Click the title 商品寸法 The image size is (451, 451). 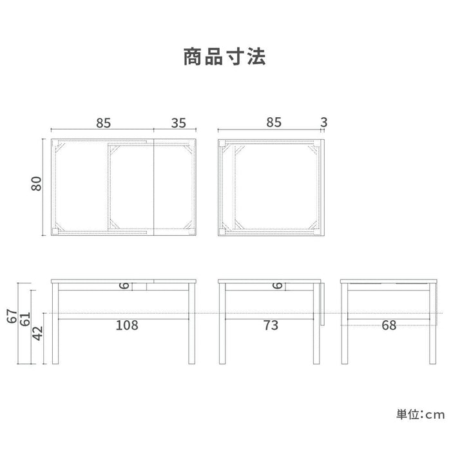224,57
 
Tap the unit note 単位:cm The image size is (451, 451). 420,414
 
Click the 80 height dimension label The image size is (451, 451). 36,184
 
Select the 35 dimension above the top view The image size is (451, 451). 178,123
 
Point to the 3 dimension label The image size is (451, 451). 324,122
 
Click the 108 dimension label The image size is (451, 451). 127,325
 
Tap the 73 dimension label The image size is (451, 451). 271,325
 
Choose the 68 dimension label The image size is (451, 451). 389,325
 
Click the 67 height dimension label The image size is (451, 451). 12,316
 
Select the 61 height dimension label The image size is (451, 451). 24,319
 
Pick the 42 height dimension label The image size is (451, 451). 37,333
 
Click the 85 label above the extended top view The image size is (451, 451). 103,123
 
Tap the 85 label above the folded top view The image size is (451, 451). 274,122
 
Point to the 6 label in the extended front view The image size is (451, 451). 124,285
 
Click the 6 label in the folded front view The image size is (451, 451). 277,285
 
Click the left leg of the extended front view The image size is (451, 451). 55,323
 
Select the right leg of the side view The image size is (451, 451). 432,323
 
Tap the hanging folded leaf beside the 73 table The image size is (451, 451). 322,303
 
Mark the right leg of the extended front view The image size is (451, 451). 192,323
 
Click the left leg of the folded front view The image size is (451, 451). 222,323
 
